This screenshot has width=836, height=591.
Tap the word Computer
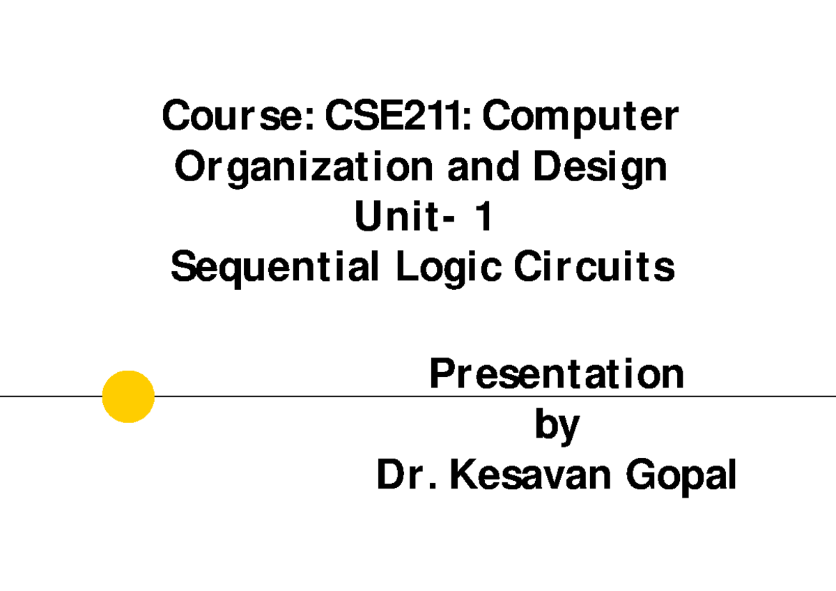pyautogui.click(x=580, y=117)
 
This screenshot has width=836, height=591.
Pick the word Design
pyautogui.click(x=601, y=169)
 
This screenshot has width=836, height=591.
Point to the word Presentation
pyautogui.click(x=557, y=375)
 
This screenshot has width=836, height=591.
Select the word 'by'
pyautogui.click(x=557, y=427)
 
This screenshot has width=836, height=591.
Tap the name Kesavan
pyautogui.click(x=531, y=477)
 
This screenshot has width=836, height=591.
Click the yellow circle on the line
pyautogui.click(x=128, y=396)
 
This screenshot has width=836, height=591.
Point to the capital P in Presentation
pyautogui.click(x=440, y=375)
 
